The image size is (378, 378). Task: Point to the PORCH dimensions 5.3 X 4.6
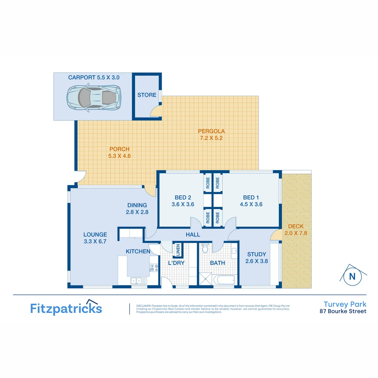click(119, 156)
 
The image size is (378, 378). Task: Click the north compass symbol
click(352, 276)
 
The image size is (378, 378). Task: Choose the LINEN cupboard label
click(178, 250)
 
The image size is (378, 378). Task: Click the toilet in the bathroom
click(206, 248)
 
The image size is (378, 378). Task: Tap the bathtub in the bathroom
click(221, 280)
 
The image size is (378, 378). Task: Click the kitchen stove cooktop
click(154, 267)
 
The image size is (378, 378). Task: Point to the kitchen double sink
click(139, 280)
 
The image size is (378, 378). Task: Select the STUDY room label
click(257, 254)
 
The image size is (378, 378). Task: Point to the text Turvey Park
click(345, 304)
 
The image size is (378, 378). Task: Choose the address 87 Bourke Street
click(343, 311)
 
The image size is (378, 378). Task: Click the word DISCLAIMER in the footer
click(144, 305)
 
